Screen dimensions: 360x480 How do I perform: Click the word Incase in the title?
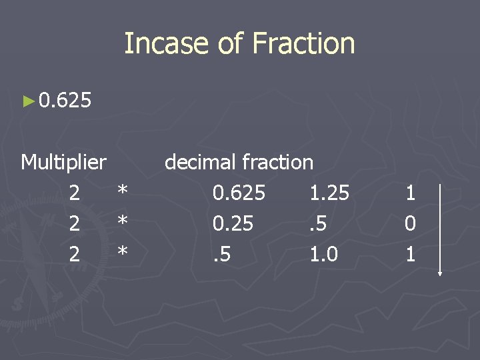(166, 44)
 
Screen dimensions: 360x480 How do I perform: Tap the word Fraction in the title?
(304, 44)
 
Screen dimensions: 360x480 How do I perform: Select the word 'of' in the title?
(231, 44)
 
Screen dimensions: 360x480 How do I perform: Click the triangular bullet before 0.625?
(27, 101)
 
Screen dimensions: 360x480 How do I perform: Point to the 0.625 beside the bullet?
(65, 101)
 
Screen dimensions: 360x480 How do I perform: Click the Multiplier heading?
(63, 161)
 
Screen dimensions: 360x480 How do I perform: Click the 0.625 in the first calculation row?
(239, 193)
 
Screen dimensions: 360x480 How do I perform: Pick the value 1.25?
(329, 193)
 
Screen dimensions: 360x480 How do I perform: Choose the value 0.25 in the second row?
(233, 224)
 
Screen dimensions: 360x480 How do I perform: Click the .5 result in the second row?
(319, 224)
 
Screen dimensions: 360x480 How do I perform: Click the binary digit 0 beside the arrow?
(410, 224)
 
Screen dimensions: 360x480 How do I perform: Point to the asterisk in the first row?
(122, 194)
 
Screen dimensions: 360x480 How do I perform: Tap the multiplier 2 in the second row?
(75, 224)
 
